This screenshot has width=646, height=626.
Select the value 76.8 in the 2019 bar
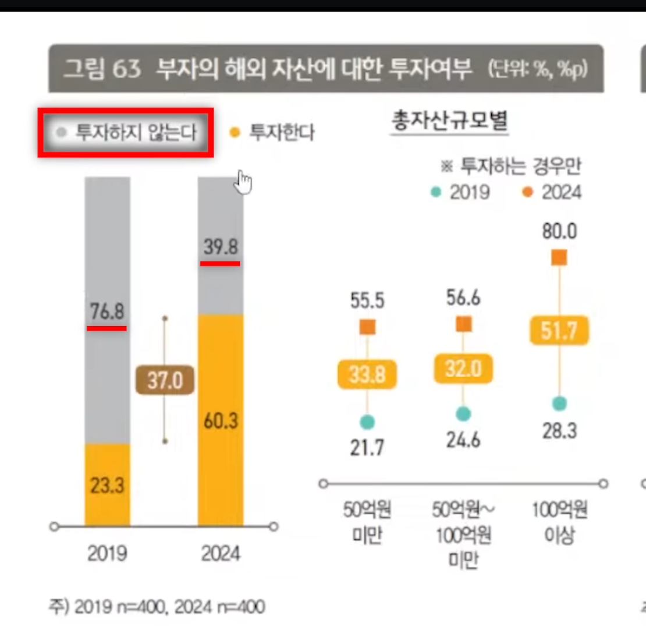tap(107, 312)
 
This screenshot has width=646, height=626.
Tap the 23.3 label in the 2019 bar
tap(107, 484)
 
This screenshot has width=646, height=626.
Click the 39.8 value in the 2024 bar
tap(221, 247)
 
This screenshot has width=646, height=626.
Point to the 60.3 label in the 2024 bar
tap(221, 420)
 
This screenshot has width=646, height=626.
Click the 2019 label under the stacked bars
tap(107, 553)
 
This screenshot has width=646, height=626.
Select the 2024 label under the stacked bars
tap(221, 553)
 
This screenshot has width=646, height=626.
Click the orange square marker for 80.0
tap(559, 257)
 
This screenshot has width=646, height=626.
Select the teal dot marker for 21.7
tap(367, 422)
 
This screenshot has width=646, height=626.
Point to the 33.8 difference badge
tap(367, 374)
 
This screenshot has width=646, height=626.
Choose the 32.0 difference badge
tap(463, 369)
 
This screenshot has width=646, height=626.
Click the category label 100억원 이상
tap(559, 522)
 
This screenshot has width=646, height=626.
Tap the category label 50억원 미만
tap(367, 522)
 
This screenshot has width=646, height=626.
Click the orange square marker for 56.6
tap(463, 324)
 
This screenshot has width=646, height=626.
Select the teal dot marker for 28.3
tap(559, 404)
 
